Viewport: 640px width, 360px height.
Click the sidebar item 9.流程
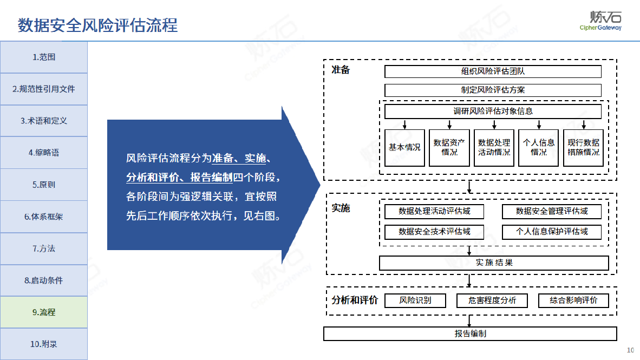44,312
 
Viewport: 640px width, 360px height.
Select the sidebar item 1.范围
44,57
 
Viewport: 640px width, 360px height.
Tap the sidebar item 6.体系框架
44,217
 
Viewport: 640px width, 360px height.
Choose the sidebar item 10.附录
44,344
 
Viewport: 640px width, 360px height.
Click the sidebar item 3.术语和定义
44,121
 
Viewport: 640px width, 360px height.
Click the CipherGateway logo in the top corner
601,21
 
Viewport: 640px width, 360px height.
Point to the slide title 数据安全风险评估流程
97,25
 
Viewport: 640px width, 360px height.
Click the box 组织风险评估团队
493,71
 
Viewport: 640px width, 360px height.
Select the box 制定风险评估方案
493,90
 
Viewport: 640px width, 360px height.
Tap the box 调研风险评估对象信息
493,112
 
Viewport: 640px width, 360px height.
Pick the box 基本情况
404,148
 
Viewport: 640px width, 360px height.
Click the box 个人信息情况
538,148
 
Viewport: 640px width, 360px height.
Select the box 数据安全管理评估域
552,212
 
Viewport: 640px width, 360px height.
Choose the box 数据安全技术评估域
434,232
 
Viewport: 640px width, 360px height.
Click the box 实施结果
494,263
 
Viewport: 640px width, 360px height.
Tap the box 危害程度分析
492,301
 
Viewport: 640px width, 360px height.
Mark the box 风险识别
415,301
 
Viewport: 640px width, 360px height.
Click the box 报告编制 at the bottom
470,334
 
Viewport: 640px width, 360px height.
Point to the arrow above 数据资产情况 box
449,125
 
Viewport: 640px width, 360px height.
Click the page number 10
631,350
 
